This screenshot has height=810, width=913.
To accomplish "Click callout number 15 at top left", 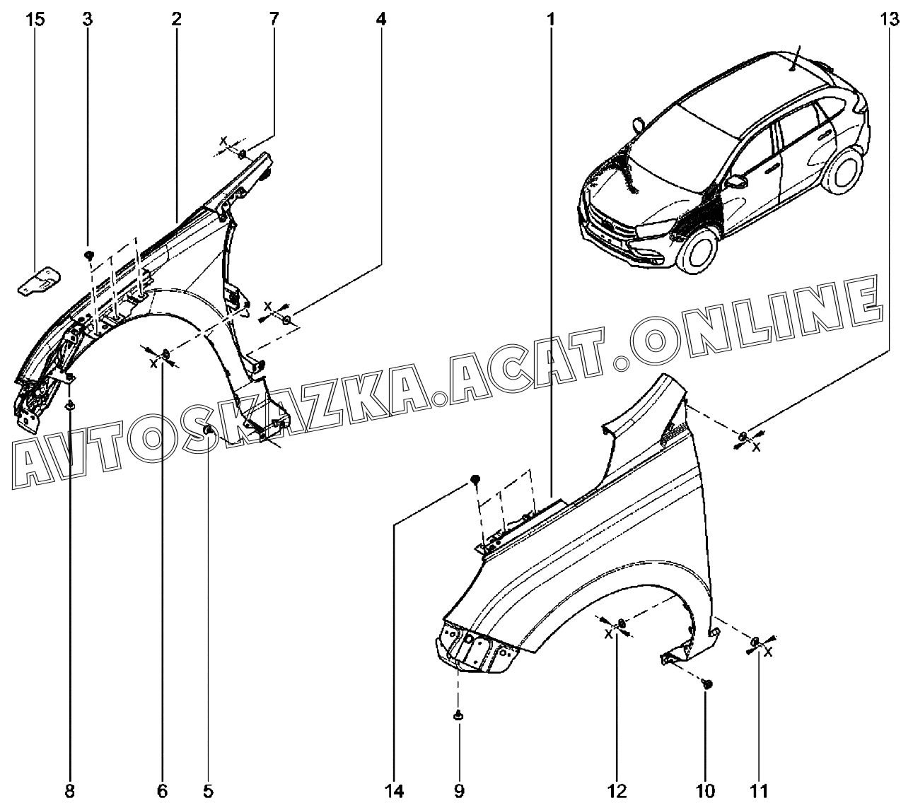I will pyautogui.click(x=35, y=19).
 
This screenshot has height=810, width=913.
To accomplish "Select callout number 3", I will pyautogui.click(x=87, y=19).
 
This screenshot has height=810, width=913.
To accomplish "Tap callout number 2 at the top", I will pyautogui.click(x=176, y=19).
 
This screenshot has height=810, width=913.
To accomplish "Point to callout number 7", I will pyautogui.click(x=274, y=19).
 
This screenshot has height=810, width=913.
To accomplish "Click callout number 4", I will pyautogui.click(x=381, y=19).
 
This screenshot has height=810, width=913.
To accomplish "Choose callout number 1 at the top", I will pyautogui.click(x=549, y=19).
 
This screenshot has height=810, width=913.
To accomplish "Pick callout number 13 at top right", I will pyautogui.click(x=890, y=19).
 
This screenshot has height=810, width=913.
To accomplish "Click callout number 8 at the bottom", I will pyautogui.click(x=69, y=791).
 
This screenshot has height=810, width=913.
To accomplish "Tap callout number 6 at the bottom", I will pyautogui.click(x=162, y=791).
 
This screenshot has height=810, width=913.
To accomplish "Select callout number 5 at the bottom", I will pyautogui.click(x=209, y=791).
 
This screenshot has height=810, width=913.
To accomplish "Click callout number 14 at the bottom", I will pyautogui.click(x=393, y=791).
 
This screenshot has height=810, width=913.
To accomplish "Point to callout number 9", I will pyautogui.click(x=458, y=791).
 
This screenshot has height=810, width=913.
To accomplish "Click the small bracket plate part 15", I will pyautogui.click(x=40, y=281).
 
